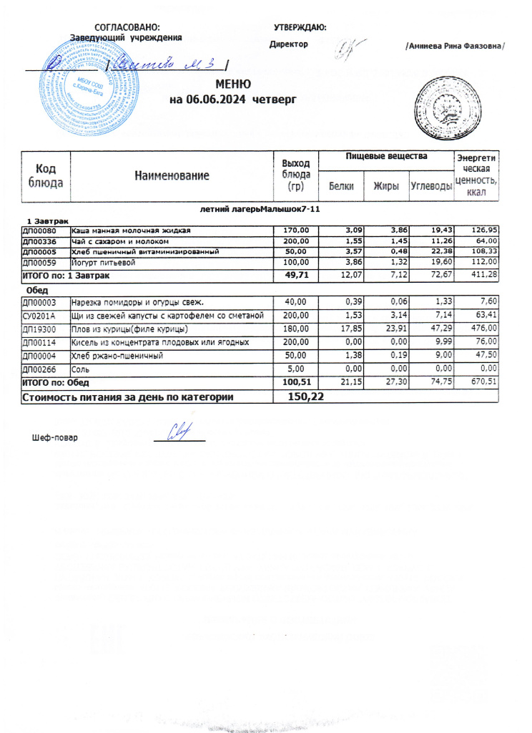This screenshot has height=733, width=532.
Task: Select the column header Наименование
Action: [172, 175]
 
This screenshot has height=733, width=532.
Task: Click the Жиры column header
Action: [386, 186]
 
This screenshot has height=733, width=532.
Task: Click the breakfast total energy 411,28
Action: [483, 275]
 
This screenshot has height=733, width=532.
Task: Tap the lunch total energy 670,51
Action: [483, 383]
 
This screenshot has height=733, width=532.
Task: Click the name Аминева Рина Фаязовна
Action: [455, 45]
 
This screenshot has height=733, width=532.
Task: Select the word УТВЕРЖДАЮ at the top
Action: [300, 27]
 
